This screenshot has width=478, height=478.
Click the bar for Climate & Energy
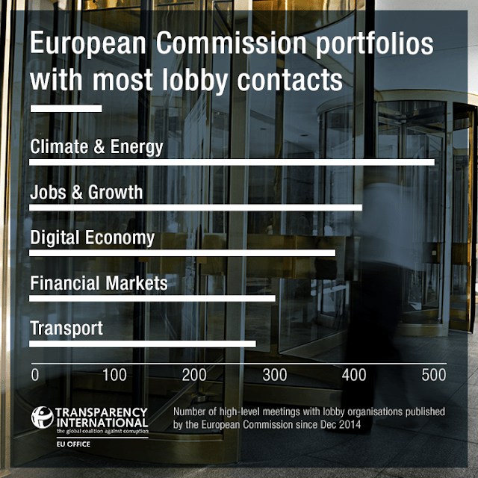(x=232, y=162)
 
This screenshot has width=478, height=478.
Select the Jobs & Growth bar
(x=196, y=208)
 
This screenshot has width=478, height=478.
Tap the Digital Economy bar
(x=182, y=253)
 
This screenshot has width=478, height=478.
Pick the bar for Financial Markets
(x=152, y=299)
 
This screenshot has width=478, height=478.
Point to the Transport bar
(x=142, y=344)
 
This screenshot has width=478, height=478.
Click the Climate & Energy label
(x=96, y=146)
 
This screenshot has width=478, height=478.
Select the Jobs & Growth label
(x=86, y=192)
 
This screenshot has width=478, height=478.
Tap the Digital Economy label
(x=92, y=238)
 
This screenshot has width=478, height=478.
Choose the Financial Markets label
(x=99, y=283)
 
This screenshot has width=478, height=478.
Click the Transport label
(x=66, y=329)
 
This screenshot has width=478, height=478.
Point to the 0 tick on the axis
(x=34, y=374)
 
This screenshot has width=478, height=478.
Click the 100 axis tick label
(x=114, y=374)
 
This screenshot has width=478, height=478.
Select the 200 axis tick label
(x=194, y=374)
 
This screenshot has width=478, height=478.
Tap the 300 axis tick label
(x=274, y=374)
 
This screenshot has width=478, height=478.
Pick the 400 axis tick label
(x=354, y=374)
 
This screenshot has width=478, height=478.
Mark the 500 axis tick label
(x=433, y=374)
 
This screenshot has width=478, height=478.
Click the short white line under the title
(x=65, y=109)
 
